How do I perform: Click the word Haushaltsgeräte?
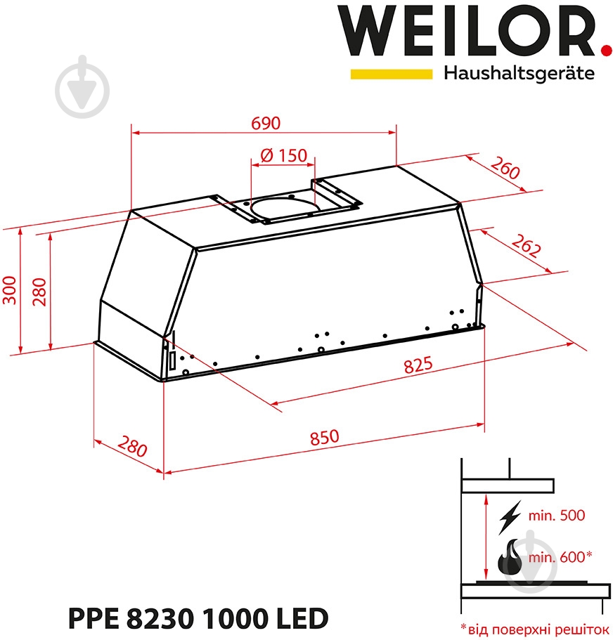click(x=519, y=73)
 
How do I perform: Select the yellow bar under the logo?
click(x=391, y=73)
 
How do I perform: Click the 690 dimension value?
click(x=266, y=123)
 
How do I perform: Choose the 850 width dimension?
click(x=324, y=436)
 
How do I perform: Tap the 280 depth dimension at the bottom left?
click(x=131, y=446)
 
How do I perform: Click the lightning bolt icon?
click(x=509, y=517)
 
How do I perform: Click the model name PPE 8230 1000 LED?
click(x=198, y=619)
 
